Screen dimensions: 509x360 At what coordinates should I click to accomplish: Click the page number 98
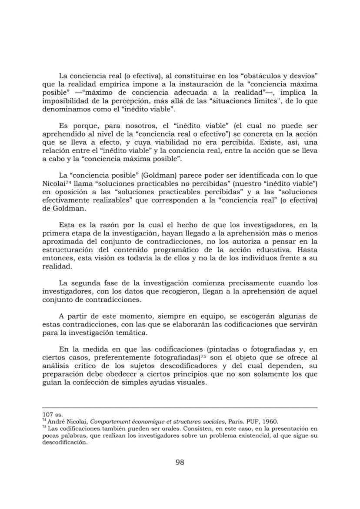pyautogui.click(x=180, y=462)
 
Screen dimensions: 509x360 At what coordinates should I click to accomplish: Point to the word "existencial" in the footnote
pyautogui.click(x=238, y=435)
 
